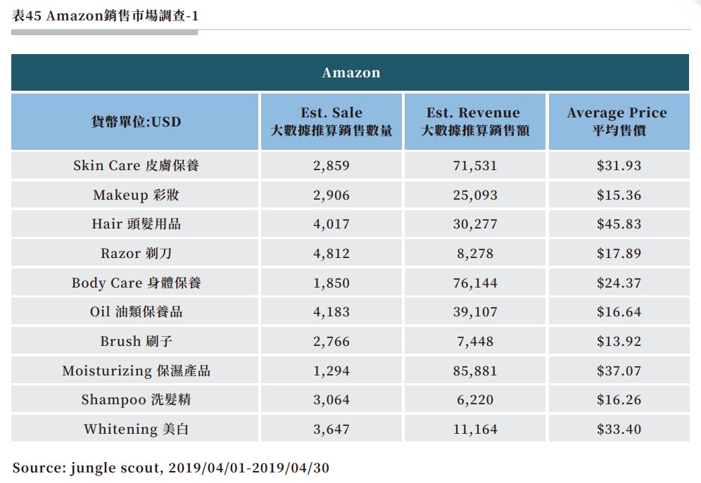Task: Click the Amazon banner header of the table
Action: click(x=350, y=72)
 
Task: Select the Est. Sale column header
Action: click(x=331, y=122)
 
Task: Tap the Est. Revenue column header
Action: click(x=474, y=122)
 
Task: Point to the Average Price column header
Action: click(x=618, y=122)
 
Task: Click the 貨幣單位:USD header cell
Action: click(x=136, y=122)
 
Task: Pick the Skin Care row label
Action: click(x=136, y=166)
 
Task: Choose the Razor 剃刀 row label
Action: click(x=136, y=253)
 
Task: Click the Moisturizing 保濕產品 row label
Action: click(x=136, y=371)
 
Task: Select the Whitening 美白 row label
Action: click(x=136, y=429)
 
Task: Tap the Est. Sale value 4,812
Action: click(x=331, y=253)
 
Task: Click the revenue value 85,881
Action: click(x=474, y=371)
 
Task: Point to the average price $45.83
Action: click(x=618, y=224)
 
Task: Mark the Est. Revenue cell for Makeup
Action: click(x=474, y=195)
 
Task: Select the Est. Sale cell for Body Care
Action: click(x=331, y=283)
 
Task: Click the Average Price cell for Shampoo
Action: click(x=618, y=400)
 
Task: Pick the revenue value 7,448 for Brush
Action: click(x=474, y=341)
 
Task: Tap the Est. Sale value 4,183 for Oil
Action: click(x=331, y=312)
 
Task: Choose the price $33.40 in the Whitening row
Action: click(x=618, y=429)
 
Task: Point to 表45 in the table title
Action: click(x=27, y=15)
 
